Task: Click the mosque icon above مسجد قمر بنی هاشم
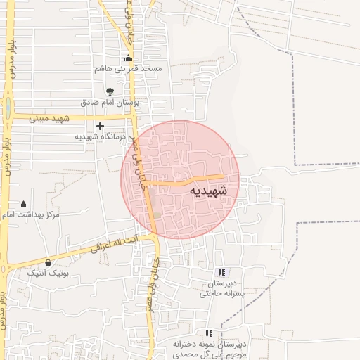pos(127,58)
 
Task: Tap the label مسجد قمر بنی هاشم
pos(129,70)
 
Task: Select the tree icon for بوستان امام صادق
pos(110,91)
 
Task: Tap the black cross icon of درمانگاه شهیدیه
pos(100,127)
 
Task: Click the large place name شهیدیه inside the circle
pos(209,191)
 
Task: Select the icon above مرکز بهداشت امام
pos(23,204)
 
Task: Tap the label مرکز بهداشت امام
pos(32,214)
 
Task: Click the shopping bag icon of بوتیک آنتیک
pos(48,262)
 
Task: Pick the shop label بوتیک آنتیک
pos(48,273)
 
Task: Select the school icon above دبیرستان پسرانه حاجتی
pos(221,272)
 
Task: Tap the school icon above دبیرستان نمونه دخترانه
pos(207,333)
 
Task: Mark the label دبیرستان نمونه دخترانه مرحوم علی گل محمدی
pos(210,349)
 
